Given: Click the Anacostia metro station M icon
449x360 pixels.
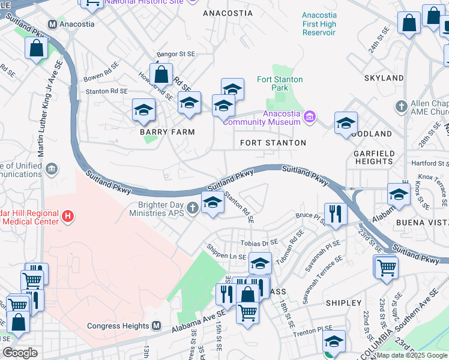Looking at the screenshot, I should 53,24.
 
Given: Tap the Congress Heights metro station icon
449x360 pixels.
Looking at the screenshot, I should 156,326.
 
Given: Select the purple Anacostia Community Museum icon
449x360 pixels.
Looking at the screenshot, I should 310,116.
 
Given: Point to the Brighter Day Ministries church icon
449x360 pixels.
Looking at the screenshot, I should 192,209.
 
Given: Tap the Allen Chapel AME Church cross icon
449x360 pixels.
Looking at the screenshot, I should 402,106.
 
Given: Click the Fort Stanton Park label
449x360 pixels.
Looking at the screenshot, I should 280,83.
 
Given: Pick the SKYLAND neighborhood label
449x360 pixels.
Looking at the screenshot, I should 384,78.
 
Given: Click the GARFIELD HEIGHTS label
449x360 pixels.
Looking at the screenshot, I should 374,158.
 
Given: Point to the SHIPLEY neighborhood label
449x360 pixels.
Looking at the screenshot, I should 343,303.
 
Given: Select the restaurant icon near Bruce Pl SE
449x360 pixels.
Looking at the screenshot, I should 335,214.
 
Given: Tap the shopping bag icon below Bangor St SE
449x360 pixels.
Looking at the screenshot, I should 161,75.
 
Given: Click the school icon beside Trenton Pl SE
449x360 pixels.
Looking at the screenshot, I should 334,341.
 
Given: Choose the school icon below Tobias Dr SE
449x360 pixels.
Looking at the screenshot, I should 260,263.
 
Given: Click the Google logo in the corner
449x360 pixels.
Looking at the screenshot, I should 20,353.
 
